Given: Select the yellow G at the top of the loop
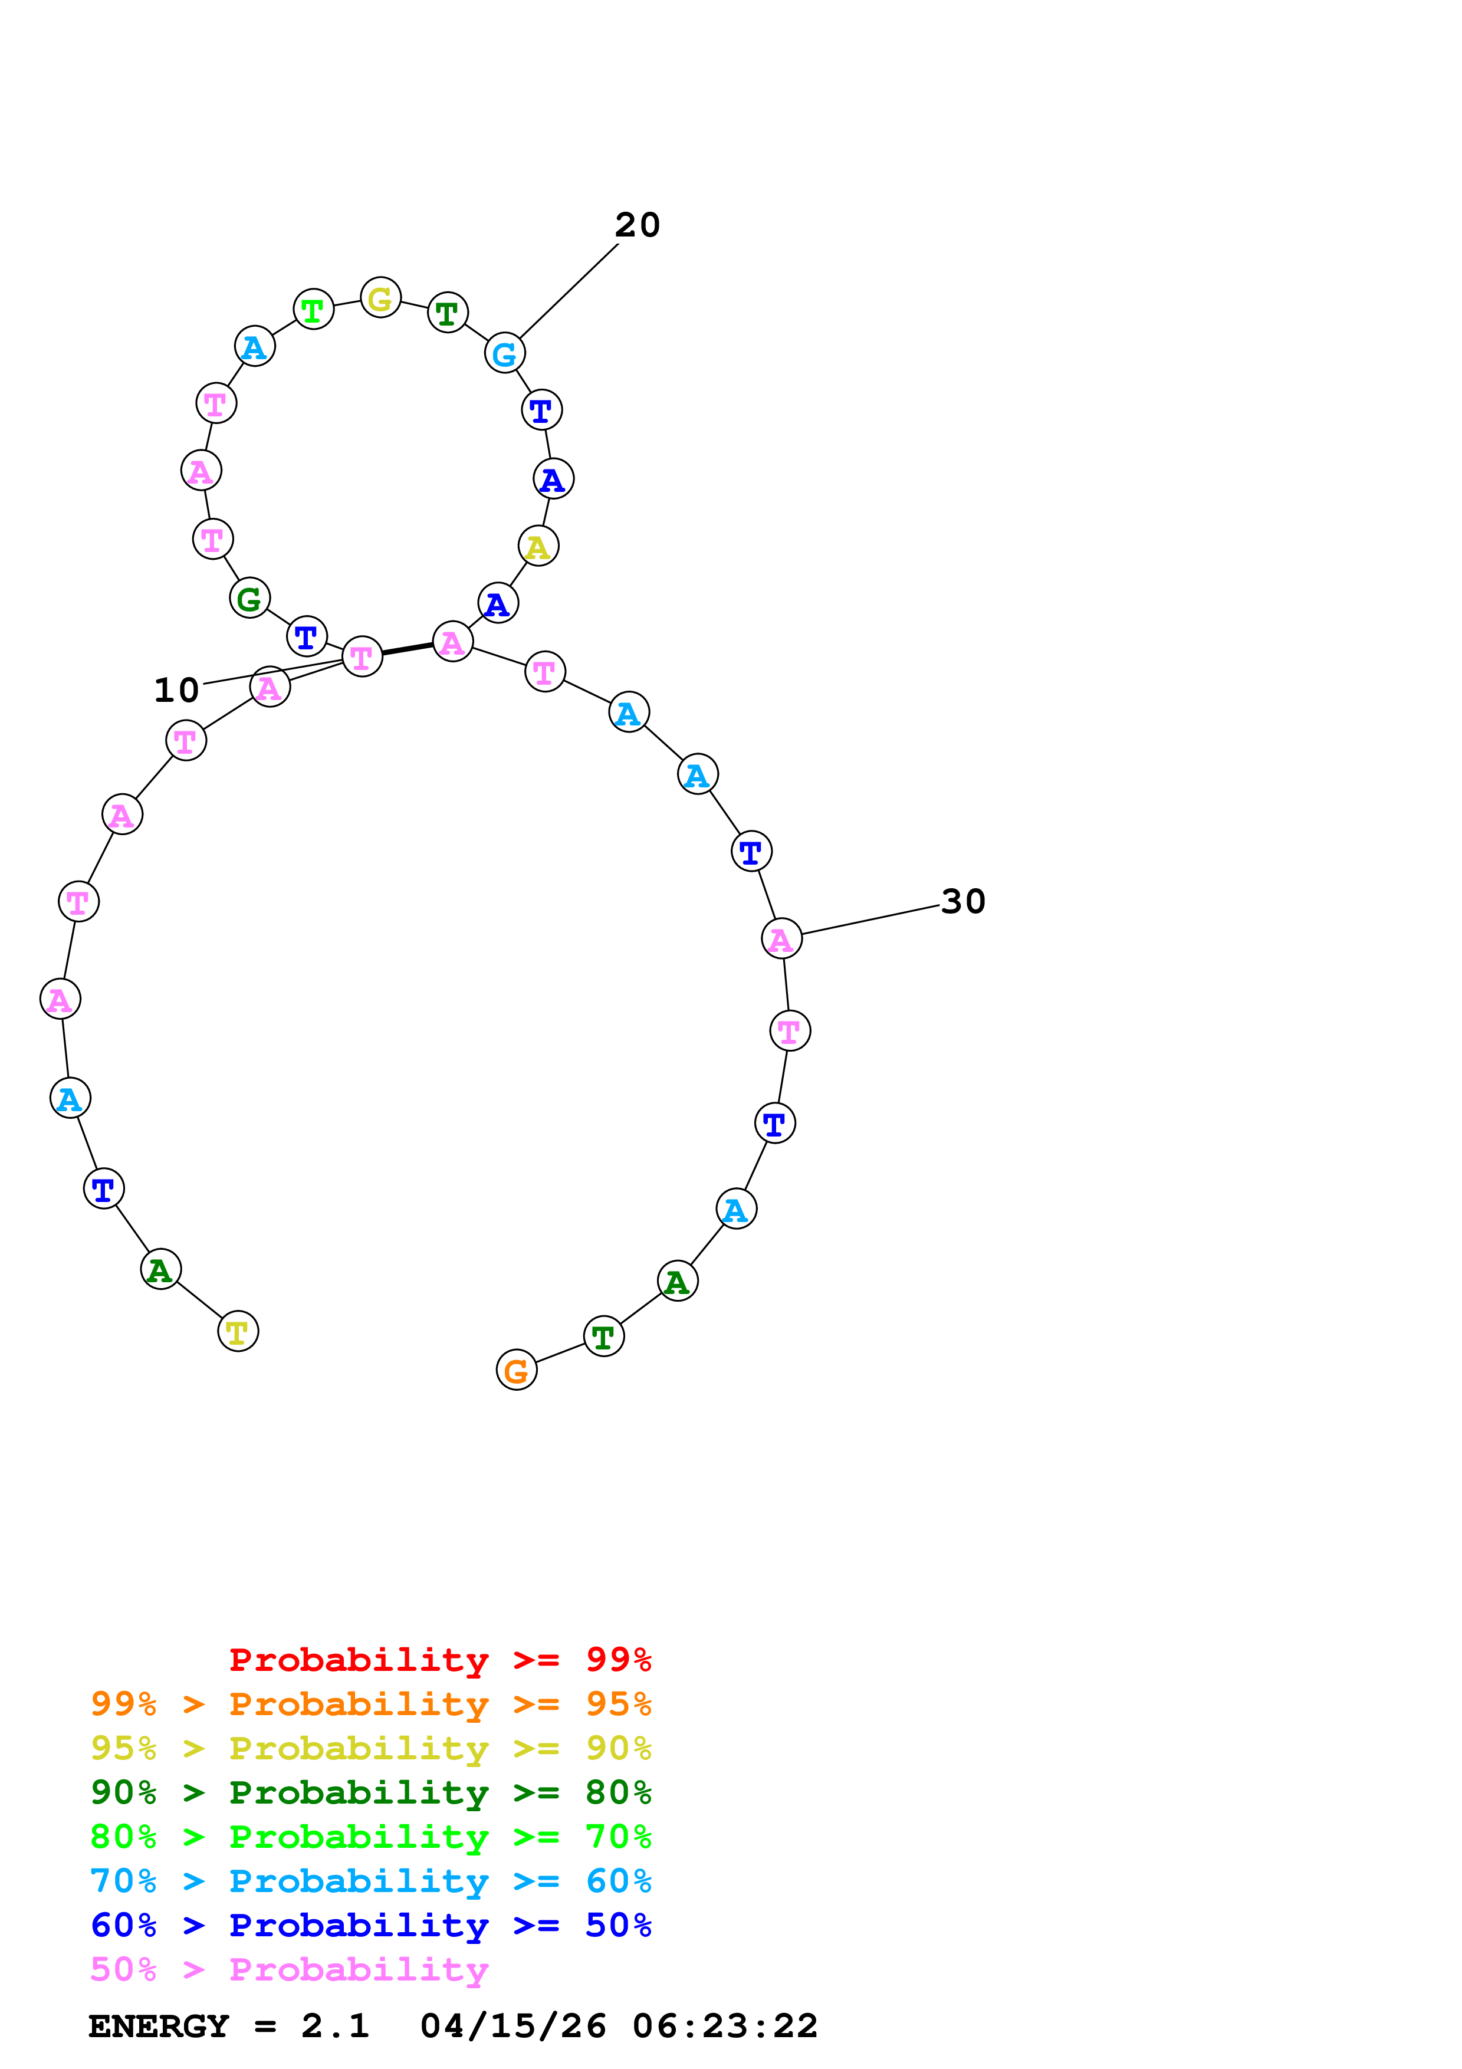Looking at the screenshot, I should click(380, 297).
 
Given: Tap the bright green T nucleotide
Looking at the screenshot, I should click(314, 310).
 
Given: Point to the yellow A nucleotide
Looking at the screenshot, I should click(538, 546).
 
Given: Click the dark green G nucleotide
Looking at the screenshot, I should click(249, 597).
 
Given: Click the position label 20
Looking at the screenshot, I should click(637, 225).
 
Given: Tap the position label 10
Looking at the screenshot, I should click(176, 690).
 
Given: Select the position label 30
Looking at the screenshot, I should click(963, 901).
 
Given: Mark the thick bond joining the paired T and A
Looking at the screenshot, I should click(407, 649).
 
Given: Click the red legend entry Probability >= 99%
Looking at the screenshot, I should click(439, 1660).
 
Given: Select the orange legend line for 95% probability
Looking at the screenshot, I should click(370, 1704).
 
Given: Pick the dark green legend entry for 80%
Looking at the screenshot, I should click(370, 1792).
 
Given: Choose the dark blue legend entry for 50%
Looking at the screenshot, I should click(370, 1925).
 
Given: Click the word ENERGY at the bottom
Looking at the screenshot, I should click(159, 2026).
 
